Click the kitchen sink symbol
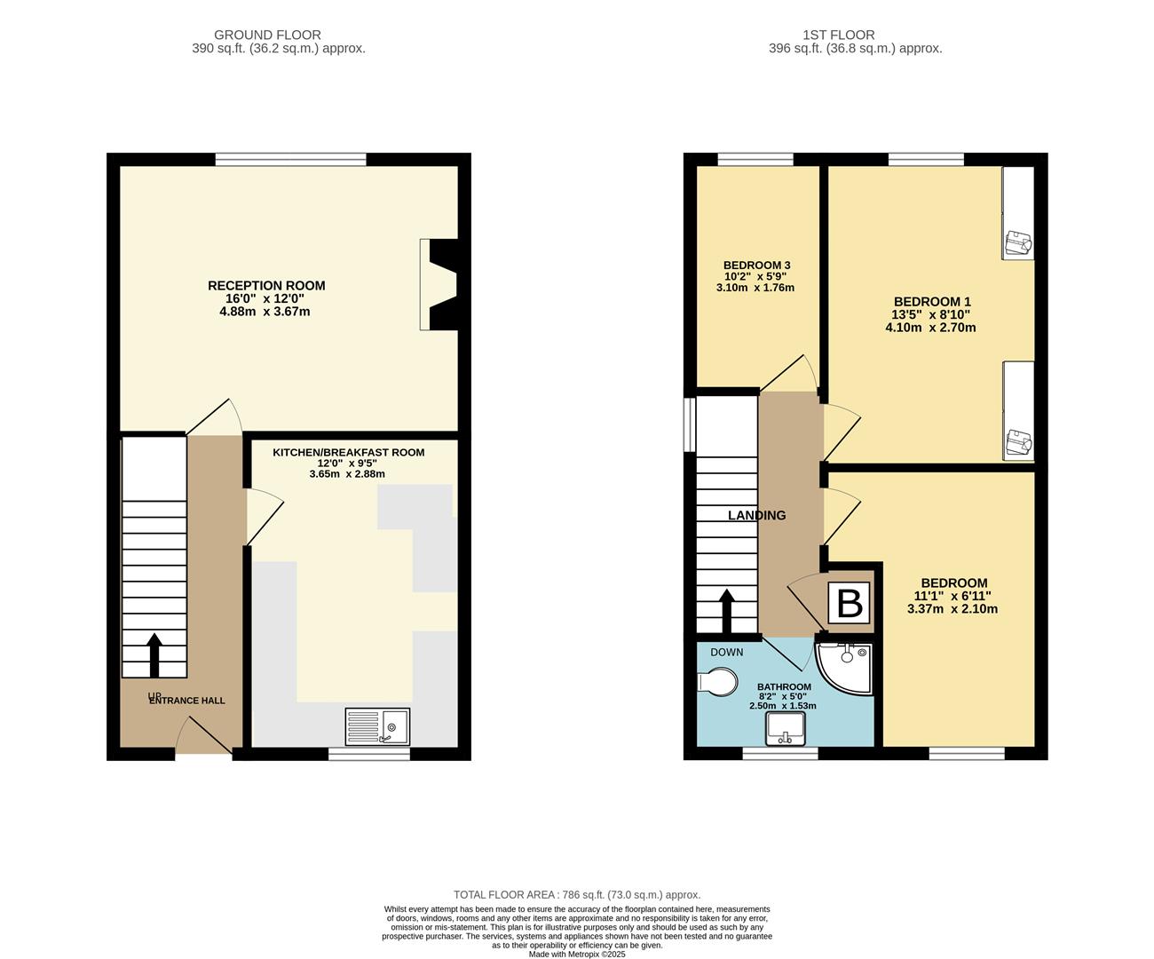pos(377,726)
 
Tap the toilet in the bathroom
pos(719,683)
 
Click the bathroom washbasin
pos(786,729)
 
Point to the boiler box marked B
pos(850,603)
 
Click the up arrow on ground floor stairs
pos(154,655)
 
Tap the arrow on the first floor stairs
pos(726,611)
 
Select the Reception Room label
pos(266,286)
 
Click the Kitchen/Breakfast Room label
pos(348,453)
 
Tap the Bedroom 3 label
pos(756,266)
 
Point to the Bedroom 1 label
pos(931,302)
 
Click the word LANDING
pos(756,516)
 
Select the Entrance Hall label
pos(186,701)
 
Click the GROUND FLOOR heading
pos(280,36)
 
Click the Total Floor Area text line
pos(577,895)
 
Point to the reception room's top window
pos(290,160)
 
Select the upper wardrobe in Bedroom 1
pos(1018,213)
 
